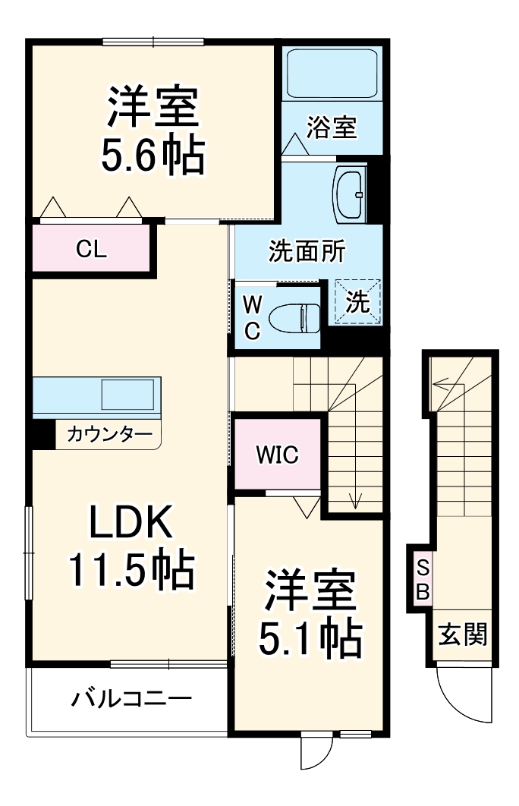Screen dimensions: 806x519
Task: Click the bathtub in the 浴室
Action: [x=332, y=74]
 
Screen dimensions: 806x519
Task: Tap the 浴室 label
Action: [x=332, y=128]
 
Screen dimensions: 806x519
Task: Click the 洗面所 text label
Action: [x=297, y=252]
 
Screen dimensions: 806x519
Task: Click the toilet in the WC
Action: [x=297, y=316]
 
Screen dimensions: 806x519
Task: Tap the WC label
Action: [x=252, y=316]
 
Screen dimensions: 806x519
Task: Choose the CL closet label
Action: [x=91, y=249]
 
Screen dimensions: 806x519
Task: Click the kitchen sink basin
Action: [x=129, y=395]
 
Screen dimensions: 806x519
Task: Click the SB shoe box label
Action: [x=423, y=579]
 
